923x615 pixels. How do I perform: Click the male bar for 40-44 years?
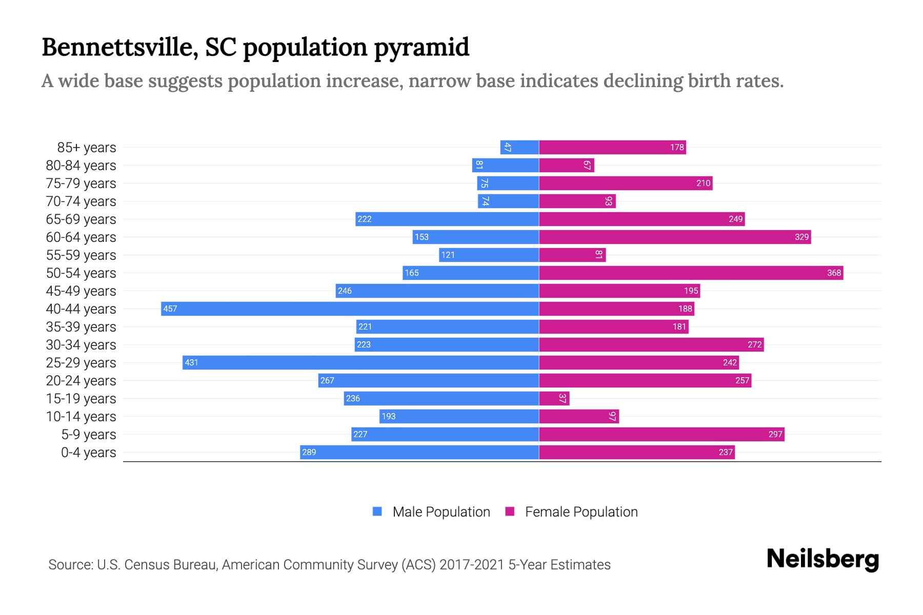click(x=350, y=309)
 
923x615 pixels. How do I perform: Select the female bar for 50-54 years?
click(x=691, y=273)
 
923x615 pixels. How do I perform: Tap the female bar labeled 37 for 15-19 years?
click(x=554, y=398)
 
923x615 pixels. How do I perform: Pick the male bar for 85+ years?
click(x=519, y=147)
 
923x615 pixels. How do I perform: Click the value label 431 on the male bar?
click(x=191, y=362)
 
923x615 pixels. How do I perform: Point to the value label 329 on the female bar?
click(x=801, y=237)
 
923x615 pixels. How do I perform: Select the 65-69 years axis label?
click(x=81, y=219)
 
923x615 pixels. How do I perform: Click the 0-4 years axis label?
click(x=88, y=453)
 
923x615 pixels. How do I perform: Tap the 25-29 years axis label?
click(x=81, y=363)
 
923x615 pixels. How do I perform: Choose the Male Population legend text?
click(x=441, y=512)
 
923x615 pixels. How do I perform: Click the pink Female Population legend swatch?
click(x=510, y=511)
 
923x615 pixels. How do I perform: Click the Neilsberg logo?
click(x=822, y=559)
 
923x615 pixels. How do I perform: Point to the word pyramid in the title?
click(x=421, y=48)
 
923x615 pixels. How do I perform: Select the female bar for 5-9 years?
click(x=661, y=434)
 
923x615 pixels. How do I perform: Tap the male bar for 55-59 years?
click(x=489, y=255)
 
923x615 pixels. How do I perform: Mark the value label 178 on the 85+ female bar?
click(x=677, y=147)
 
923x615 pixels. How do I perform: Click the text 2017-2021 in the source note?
click(x=472, y=565)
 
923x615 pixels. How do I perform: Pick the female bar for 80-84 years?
click(x=567, y=165)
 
